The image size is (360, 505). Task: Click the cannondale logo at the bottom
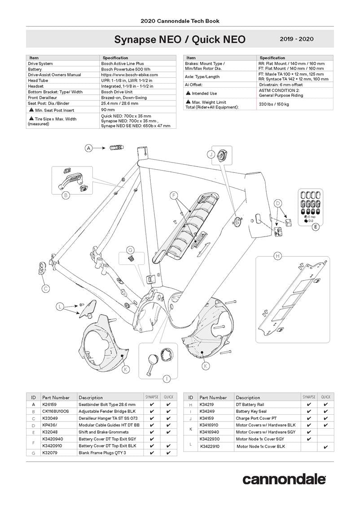pyautogui.click(x=284, y=479)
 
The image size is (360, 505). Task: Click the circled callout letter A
pyautogui.click(x=89, y=148)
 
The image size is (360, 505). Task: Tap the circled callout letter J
pyautogui.click(x=210, y=154)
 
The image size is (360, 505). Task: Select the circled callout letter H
pyautogui.click(x=277, y=256)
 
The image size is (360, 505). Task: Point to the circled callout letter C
pyautogui.click(x=45, y=288)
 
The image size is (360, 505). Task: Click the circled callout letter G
pyautogui.click(x=130, y=250)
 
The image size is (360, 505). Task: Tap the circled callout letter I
pyautogui.click(x=167, y=378)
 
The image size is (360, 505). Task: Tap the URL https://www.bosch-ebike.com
pyautogui.click(x=127, y=75)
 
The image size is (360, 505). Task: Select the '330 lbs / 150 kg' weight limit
pyautogui.click(x=274, y=104)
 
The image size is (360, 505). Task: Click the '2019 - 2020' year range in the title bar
pyautogui.click(x=296, y=39)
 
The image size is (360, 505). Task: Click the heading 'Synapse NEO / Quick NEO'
pyautogui.click(x=180, y=40)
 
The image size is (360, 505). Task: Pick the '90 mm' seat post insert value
pyautogui.click(x=108, y=110)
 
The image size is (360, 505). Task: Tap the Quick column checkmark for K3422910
pyautogui.click(x=325, y=447)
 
